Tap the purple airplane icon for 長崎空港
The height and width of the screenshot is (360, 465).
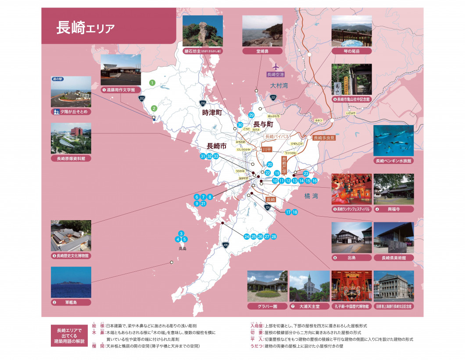pyautogui.click(x=275, y=67)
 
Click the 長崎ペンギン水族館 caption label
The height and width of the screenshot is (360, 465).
pyautogui.click(x=394, y=161)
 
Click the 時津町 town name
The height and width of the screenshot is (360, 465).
pyautogui.click(x=213, y=113)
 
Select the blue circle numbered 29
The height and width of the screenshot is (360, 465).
pyautogui.click(x=251, y=115)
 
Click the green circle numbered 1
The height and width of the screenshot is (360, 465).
pyautogui.click(x=152, y=82)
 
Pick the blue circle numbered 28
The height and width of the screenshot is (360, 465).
pyautogui.click(x=274, y=236)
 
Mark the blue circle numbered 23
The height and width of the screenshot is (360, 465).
pyautogui.click(x=306, y=174)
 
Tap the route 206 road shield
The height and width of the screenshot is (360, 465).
pyautogui.click(x=203, y=103)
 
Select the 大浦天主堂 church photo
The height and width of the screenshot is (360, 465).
pyautogui.click(x=309, y=286)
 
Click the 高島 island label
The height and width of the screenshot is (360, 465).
pyautogui.click(x=182, y=249)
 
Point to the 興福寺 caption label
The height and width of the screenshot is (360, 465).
pyautogui.click(x=393, y=209)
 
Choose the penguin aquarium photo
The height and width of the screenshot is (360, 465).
pyautogui.click(x=393, y=140)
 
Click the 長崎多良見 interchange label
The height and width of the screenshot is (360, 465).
pyautogui.click(x=324, y=138)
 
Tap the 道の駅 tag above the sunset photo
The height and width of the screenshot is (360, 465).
pyautogui.click(x=57, y=79)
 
